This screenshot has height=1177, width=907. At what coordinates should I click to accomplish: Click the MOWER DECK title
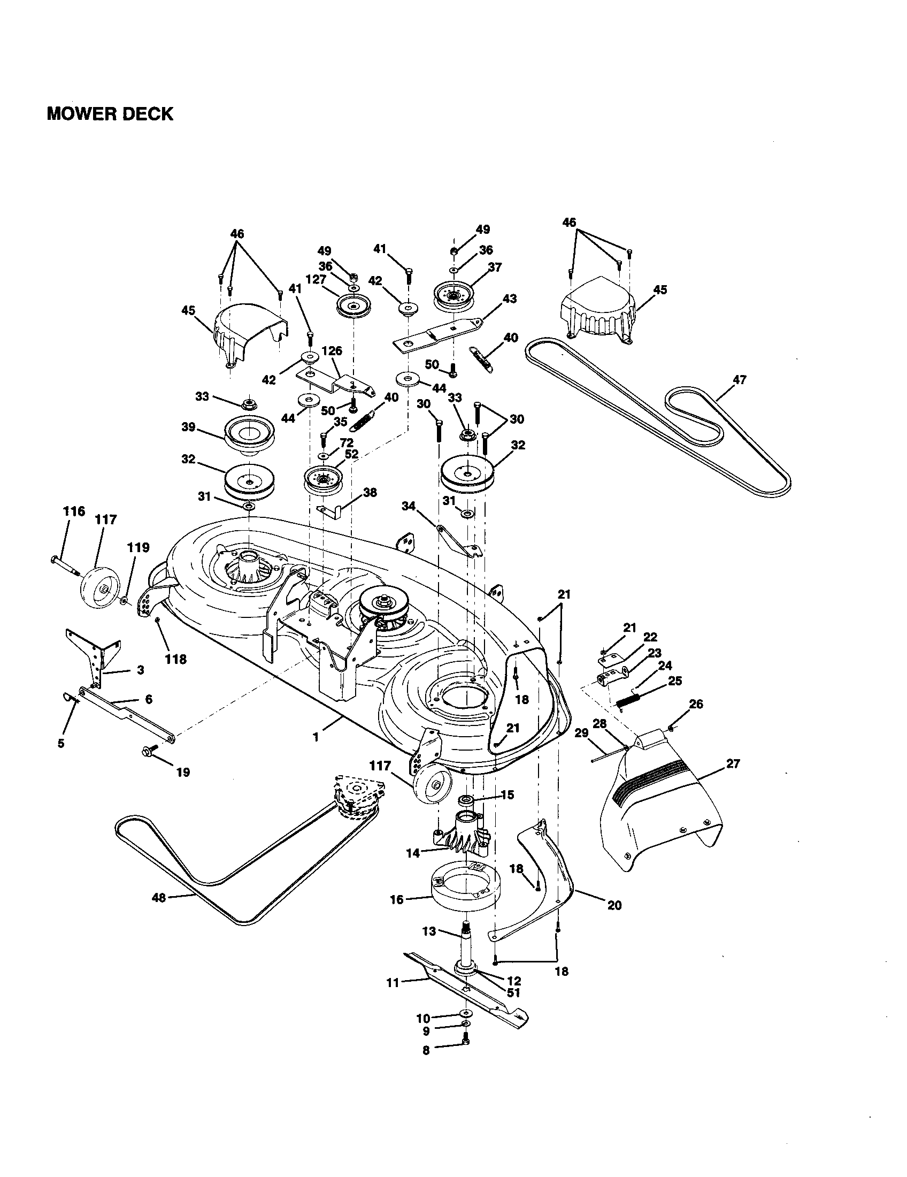[x=110, y=114]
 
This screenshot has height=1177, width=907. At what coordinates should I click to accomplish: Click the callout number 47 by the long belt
[x=740, y=379]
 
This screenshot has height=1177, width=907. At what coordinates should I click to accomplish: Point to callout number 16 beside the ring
[x=396, y=899]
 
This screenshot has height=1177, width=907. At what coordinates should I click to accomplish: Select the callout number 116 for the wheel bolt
[x=73, y=511]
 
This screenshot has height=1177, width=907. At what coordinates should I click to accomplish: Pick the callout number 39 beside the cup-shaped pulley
[x=188, y=427]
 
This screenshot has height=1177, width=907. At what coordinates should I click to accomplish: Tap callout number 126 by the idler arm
[x=332, y=351]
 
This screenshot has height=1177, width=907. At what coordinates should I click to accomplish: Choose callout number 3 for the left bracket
[x=140, y=670]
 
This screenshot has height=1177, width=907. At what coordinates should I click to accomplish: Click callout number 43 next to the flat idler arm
[x=509, y=298]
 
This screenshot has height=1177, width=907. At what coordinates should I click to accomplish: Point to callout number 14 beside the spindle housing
[x=412, y=854]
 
